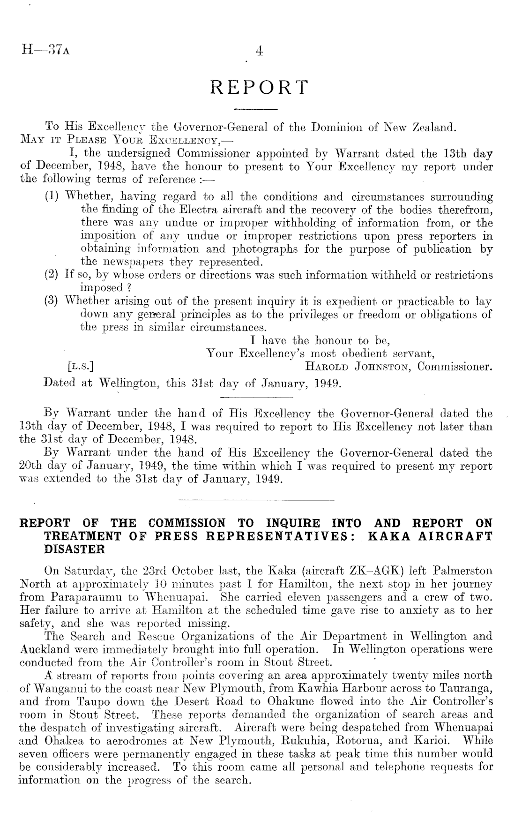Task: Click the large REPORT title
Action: point(260,87)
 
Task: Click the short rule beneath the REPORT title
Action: point(256,110)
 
